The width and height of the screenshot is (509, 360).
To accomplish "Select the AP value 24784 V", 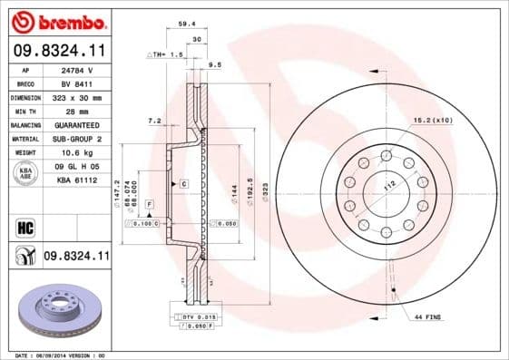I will pyautogui.click(x=84, y=70).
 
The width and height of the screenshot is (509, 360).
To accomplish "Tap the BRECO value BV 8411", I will pyautogui.click(x=84, y=83).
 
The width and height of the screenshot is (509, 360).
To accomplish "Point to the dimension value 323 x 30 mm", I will pyautogui.click(x=84, y=96).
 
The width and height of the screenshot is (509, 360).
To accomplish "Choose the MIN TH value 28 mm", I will pyautogui.click(x=84, y=110).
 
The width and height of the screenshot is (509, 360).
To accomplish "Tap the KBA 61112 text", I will pyautogui.click(x=84, y=181).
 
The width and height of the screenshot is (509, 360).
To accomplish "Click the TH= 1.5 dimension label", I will pyautogui.click(x=166, y=56).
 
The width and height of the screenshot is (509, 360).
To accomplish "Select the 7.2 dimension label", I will pyautogui.click(x=153, y=120).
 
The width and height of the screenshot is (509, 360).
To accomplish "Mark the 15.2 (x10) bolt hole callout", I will pyautogui.click(x=433, y=120).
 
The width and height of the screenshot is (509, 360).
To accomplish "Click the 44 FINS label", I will pyautogui.click(x=427, y=316).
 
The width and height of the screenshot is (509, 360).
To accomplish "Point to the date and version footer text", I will pyautogui.click(x=61, y=355).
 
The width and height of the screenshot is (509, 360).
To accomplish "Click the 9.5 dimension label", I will pyautogui.click(x=216, y=66).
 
